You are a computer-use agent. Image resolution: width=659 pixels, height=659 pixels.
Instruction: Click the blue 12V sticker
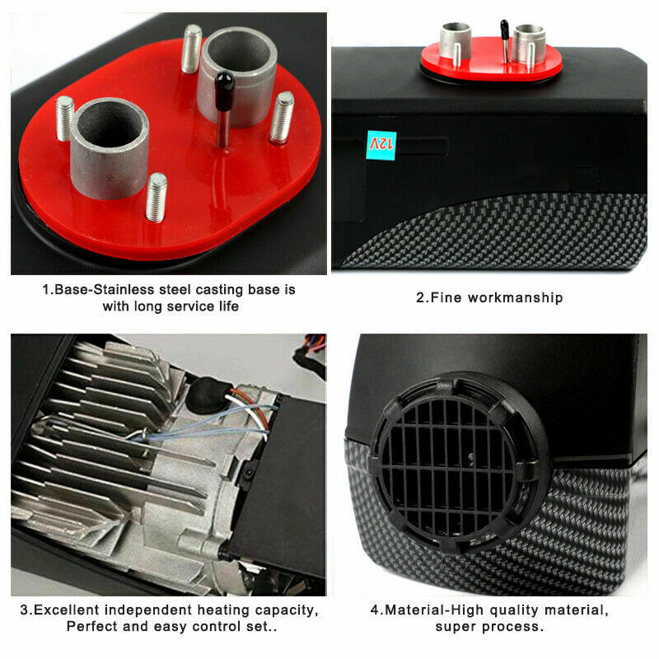[381, 146]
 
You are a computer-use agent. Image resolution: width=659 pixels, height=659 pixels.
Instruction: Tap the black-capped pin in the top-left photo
[223, 109]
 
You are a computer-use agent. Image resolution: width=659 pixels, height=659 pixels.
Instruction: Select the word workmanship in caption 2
[516, 297]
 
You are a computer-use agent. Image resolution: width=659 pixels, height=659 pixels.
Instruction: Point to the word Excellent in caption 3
[67, 610]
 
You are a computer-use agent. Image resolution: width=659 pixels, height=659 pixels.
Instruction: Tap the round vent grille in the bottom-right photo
[460, 463]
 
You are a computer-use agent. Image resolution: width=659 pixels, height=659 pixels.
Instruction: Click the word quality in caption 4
[514, 610]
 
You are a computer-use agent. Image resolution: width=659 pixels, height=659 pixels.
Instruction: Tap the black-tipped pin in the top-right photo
[505, 40]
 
